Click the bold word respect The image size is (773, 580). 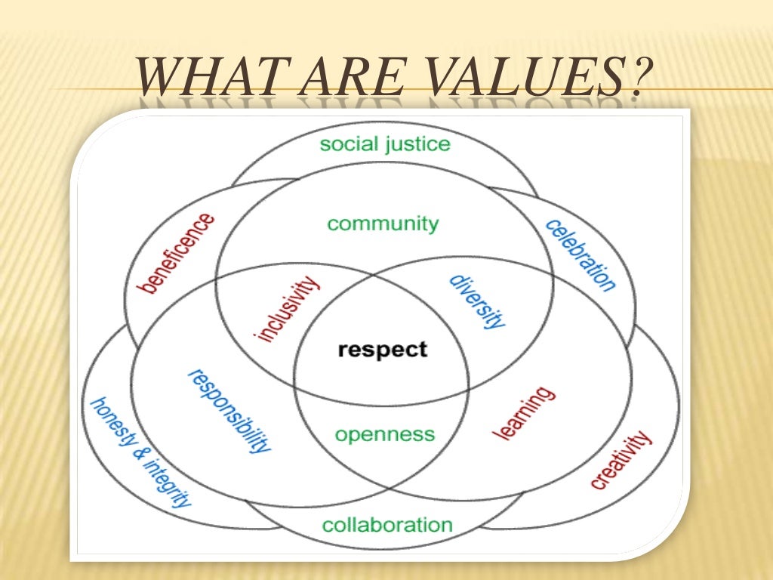pos(383,350)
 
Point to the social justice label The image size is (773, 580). pos(384,143)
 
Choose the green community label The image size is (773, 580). pos(383,224)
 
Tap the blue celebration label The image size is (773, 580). pos(581,255)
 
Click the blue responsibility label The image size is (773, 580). pos(228,410)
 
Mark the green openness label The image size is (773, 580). pos(385,434)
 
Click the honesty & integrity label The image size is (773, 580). pos(140,452)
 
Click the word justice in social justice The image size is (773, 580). pos(417,143)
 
